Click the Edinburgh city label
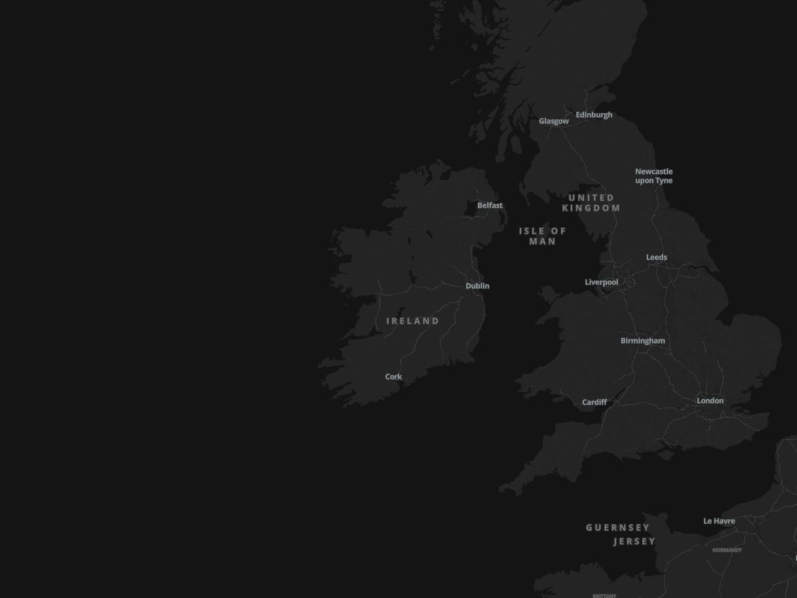594,115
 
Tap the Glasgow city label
554,121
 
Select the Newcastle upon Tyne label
653,176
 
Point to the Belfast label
489,205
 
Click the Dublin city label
477,286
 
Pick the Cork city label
393,377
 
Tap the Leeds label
656,258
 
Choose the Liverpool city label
601,282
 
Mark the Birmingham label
642,341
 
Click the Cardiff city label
594,403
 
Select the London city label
710,401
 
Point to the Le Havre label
718,521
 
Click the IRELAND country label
413,321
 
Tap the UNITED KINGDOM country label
591,203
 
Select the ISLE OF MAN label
542,236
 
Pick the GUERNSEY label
617,527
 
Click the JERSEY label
634,542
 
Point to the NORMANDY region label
727,551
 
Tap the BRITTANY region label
604,596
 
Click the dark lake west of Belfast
470,210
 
